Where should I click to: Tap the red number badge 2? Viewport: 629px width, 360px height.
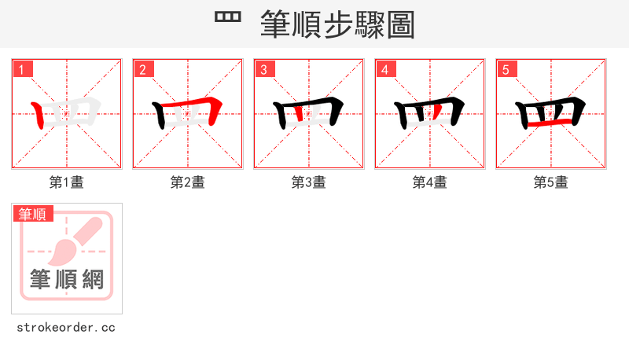coord(143,69)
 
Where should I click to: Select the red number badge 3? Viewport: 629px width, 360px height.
coord(264,69)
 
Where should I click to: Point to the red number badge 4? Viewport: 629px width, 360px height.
coord(385,69)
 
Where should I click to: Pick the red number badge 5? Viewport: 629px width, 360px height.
coord(506,69)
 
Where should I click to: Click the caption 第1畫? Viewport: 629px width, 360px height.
coord(67,182)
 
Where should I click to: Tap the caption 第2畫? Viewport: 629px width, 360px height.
coord(188,182)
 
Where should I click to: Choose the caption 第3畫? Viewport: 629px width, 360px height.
coord(309,182)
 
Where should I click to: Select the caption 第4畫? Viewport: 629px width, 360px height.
coord(430,182)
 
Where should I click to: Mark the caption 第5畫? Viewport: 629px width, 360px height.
coord(551,182)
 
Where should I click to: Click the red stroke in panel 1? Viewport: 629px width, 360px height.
coord(39,116)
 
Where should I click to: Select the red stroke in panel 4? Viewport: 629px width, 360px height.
coord(434,115)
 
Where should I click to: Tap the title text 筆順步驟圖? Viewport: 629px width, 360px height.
coord(337,24)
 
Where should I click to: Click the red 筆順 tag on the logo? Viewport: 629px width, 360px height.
coord(33,214)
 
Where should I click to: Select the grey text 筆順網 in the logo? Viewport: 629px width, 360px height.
coord(67,279)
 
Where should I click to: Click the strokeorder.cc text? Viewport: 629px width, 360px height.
coord(66,327)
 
